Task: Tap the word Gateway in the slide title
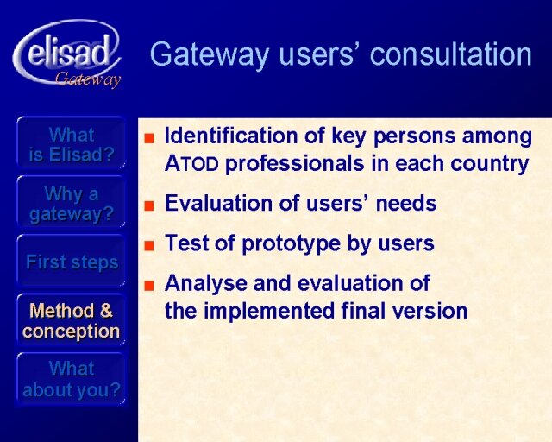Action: click(210, 54)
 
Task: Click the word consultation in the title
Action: click(451, 54)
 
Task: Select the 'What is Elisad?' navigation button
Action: click(71, 144)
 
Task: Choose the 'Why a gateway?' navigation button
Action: click(71, 204)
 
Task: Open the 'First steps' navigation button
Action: click(71, 262)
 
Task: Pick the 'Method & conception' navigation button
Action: click(71, 321)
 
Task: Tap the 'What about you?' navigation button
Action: click(71, 380)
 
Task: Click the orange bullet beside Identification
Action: click(149, 138)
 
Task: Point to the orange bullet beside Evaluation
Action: click(149, 205)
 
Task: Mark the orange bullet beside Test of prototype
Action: click(149, 245)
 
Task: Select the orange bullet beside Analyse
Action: click(149, 285)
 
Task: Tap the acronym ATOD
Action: click(191, 164)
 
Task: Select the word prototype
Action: click(292, 244)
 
